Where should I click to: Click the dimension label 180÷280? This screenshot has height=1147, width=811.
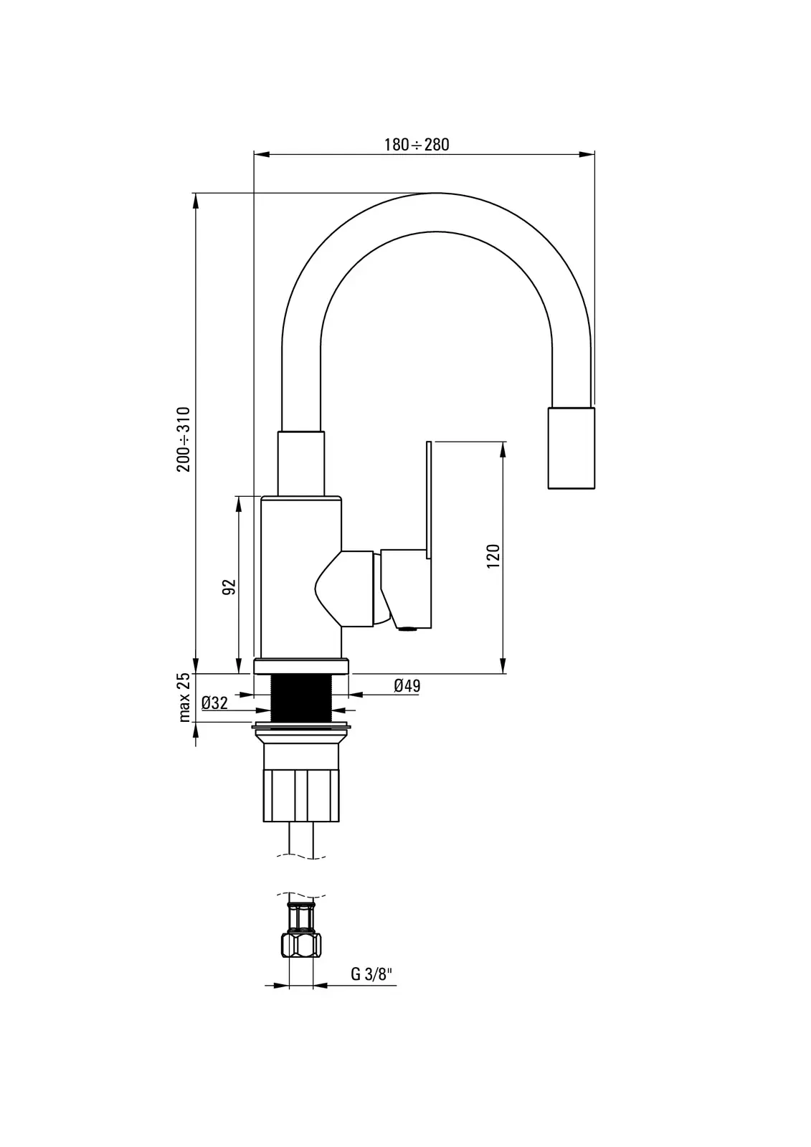(x=417, y=145)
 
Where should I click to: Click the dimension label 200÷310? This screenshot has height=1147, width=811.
(x=184, y=439)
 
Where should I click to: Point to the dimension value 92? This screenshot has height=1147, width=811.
(x=229, y=587)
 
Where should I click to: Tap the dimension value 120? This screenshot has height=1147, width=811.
(x=493, y=556)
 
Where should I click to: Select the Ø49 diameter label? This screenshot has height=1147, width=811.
(x=407, y=685)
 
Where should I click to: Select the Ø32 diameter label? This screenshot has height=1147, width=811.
(x=214, y=703)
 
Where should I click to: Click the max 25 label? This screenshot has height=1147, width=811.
(x=184, y=698)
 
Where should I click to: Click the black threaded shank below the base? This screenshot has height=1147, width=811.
(x=301, y=698)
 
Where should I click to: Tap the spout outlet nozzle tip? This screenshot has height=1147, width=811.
(x=572, y=448)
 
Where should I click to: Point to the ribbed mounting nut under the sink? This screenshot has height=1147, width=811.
(x=301, y=795)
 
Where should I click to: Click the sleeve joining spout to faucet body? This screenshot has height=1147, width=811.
(x=301, y=463)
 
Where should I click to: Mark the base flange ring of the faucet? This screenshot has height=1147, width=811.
(x=301, y=667)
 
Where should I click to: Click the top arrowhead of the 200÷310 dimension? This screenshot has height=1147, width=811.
(x=195, y=201)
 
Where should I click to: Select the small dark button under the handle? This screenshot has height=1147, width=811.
(x=408, y=629)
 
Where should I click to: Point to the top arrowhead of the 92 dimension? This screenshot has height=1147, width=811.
(x=239, y=505)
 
